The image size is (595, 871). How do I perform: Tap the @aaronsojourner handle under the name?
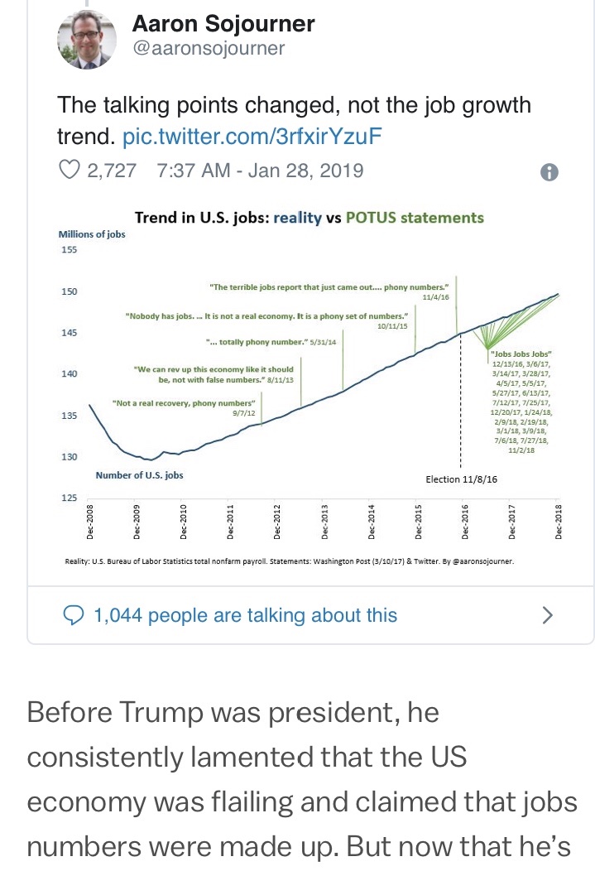[209, 48]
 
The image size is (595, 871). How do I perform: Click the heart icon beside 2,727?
[70, 171]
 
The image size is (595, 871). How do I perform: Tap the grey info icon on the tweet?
[549, 172]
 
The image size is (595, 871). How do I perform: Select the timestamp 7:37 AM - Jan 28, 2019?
[259, 171]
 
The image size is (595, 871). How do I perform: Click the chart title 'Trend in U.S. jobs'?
[201, 218]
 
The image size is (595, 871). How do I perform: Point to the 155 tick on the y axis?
[69, 250]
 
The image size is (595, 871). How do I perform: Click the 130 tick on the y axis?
[69, 457]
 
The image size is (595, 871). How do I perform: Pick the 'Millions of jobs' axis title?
[91, 234]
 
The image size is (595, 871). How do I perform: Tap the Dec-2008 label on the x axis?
[90, 521]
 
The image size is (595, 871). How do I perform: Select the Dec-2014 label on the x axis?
[371, 521]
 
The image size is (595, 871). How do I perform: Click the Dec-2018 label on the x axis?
[559, 521]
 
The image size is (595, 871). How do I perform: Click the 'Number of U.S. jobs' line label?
[139, 475]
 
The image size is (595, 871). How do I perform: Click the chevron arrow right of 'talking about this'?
[546, 615]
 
